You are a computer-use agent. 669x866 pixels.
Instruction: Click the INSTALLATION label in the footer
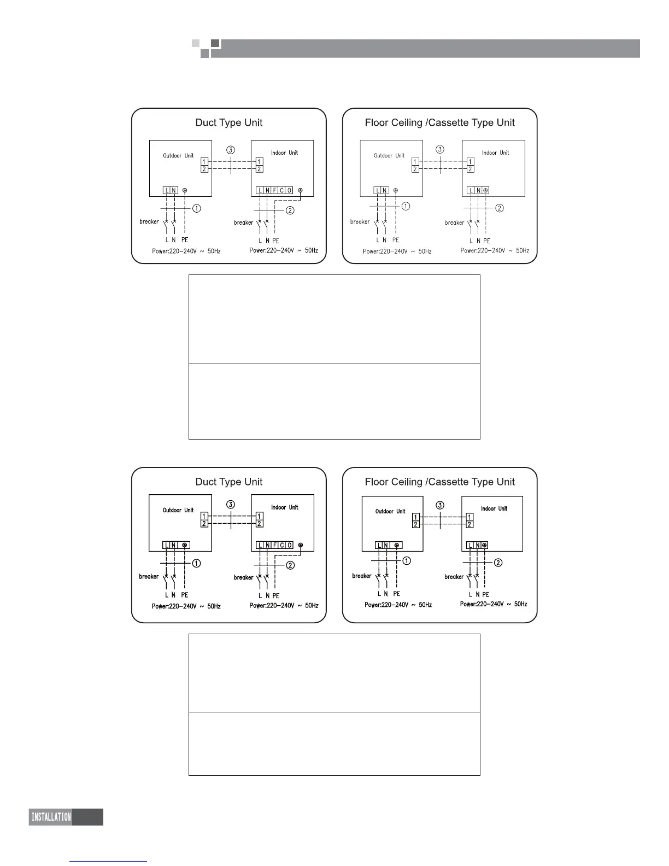click(x=51, y=817)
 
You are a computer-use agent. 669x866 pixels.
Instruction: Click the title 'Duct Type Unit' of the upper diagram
click(x=228, y=122)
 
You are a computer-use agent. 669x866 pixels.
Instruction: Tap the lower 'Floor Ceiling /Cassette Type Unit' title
click(x=439, y=482)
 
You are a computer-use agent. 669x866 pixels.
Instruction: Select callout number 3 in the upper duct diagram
click(x=231, y=149)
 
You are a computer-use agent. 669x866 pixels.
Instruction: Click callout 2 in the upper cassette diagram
click(x=499, y=208)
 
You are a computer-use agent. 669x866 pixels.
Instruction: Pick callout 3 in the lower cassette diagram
click(x=440, y=505)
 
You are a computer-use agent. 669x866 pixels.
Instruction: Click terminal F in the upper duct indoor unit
click(x=274, y=190)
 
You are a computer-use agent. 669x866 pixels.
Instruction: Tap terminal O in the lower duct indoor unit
click(x=289, y=545)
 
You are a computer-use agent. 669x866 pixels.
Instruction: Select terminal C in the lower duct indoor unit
click(x=282, y=545)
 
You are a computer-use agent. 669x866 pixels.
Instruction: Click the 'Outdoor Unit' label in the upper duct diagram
click(x=178, y=156)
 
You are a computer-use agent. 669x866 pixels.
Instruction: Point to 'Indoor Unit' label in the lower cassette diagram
click(x=494, y=508)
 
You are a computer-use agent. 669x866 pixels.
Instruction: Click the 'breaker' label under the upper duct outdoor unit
click(x=149, y=221)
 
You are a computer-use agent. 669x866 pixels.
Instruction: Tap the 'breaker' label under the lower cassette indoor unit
click(x=454, y=577)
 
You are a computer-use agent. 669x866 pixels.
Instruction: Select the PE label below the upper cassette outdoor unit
click(x=396, y=240)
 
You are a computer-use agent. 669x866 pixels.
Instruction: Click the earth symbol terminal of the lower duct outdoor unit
click(x=185, y=545)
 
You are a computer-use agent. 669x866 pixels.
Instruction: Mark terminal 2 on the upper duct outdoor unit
click(x=204, y=169)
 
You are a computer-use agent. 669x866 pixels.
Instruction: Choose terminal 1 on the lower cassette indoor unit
click(x=470, y=517)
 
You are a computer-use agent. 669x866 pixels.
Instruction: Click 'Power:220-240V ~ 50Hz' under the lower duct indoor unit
click(x=284, y=605)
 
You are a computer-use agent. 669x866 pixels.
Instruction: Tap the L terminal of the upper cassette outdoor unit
click(x=377, y=190)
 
